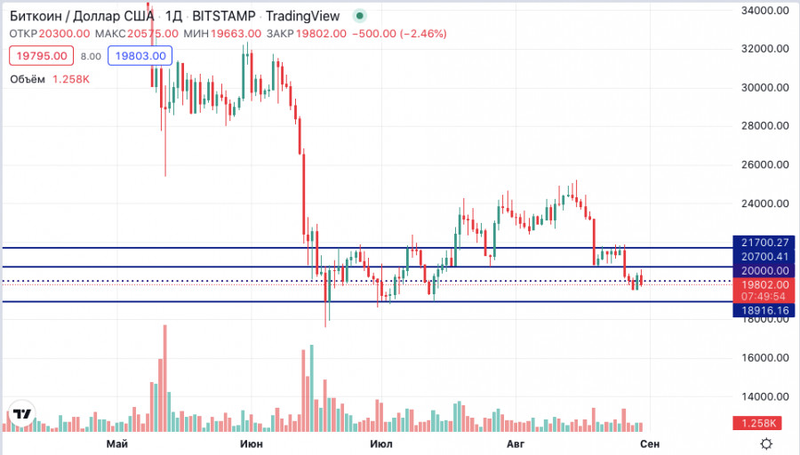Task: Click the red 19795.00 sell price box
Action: point(41,56)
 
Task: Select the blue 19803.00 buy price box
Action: point(138,56)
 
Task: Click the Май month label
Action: point(116,443)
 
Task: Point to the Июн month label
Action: point(252,443)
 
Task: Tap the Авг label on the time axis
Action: point(516,443)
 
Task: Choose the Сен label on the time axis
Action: point(650,443)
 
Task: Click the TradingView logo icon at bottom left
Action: point(22,414)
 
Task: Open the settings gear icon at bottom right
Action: point(766,443)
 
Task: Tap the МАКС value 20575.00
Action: point(153,34)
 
